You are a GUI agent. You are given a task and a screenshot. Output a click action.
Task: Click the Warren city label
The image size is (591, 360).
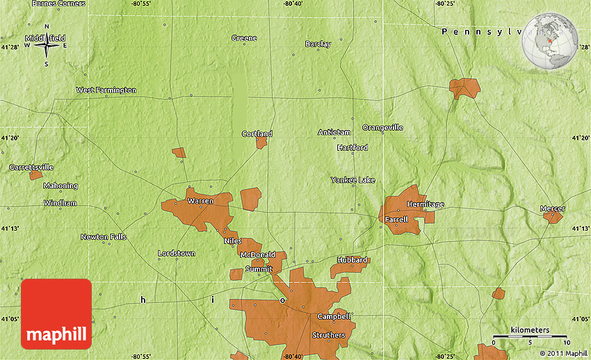coord(200,201)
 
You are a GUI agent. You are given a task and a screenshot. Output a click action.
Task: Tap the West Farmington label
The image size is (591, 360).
coord(106,90)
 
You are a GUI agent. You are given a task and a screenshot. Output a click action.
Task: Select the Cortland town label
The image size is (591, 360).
coord(257,133)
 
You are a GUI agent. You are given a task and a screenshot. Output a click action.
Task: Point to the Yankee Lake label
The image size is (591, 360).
coord(353,180)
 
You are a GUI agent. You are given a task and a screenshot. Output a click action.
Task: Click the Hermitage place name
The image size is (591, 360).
coord(425,204)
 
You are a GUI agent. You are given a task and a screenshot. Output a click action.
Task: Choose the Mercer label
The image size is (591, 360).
coord(553,208)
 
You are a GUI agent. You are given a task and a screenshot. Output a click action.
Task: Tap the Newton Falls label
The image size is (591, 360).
coord(104,237)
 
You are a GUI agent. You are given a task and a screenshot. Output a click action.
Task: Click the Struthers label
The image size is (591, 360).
coord(328,335)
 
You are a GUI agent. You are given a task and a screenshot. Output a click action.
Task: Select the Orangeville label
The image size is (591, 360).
coord(382,128)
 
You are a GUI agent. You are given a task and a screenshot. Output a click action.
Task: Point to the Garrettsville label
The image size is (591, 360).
coord(31,167)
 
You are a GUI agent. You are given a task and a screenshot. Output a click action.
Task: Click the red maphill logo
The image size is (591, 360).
coord(56,314)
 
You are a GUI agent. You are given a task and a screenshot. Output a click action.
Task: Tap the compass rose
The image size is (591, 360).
coord(47,46)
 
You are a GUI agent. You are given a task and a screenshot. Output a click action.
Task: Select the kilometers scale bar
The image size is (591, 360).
coord(530,336)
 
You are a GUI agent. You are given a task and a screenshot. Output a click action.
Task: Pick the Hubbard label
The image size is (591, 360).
coord(352,260)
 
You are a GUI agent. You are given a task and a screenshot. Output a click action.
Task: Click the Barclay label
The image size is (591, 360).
coord(318,44)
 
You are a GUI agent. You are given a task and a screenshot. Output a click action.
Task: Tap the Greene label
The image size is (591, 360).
coord(244,38)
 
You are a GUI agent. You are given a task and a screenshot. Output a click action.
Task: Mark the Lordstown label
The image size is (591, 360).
coord(177,254)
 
